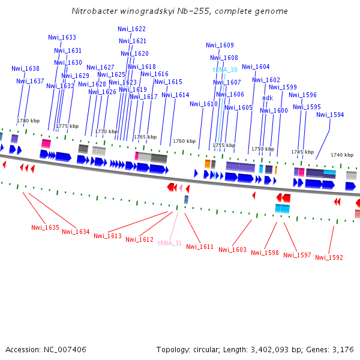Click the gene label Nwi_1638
click(x=25, y=68)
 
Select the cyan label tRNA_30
click(x=225, y=70)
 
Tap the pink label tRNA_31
click(x=170, y=243)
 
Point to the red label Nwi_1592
click(x=329, y=257)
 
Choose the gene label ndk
click(x=268, y=98)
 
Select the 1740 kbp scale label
click(x=342, y=155)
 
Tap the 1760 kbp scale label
click(x=184, y=141)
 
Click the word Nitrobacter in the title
click(x=92, y=11)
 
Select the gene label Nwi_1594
click(x=330, y=115)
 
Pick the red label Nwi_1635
click(x=45, y=227)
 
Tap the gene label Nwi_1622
click(x=131, y=29)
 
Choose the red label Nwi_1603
click(x=232, y=250)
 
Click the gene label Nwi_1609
click(x=220, y=45)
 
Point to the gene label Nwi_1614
click(x=175, y=95)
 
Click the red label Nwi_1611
click(x=200, y=247)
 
